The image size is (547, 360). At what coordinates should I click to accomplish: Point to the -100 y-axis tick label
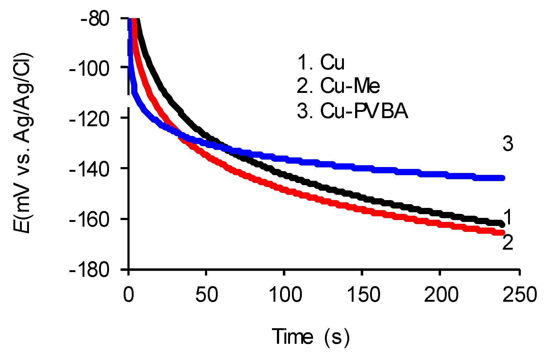point(89,68)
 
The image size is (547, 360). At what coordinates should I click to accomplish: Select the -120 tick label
point(89,118)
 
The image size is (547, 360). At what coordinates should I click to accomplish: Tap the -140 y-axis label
point(89,169)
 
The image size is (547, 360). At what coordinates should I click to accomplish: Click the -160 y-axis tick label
point(89,219)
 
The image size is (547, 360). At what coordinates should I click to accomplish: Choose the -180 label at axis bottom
point(89,270)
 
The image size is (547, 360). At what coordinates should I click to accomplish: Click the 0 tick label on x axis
point(128,294)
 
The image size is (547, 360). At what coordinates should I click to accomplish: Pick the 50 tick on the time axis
point(207,294)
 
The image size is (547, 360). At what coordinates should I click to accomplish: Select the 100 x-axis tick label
point(285,294)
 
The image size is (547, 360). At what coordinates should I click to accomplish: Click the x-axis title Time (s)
point(311,337)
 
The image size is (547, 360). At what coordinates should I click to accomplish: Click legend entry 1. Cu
point(321,62)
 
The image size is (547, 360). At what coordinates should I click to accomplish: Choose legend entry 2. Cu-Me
point(338,86)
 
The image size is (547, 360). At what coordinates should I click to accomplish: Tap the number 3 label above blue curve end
point(508,144)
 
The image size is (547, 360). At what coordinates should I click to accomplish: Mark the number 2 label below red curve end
point(508,242)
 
